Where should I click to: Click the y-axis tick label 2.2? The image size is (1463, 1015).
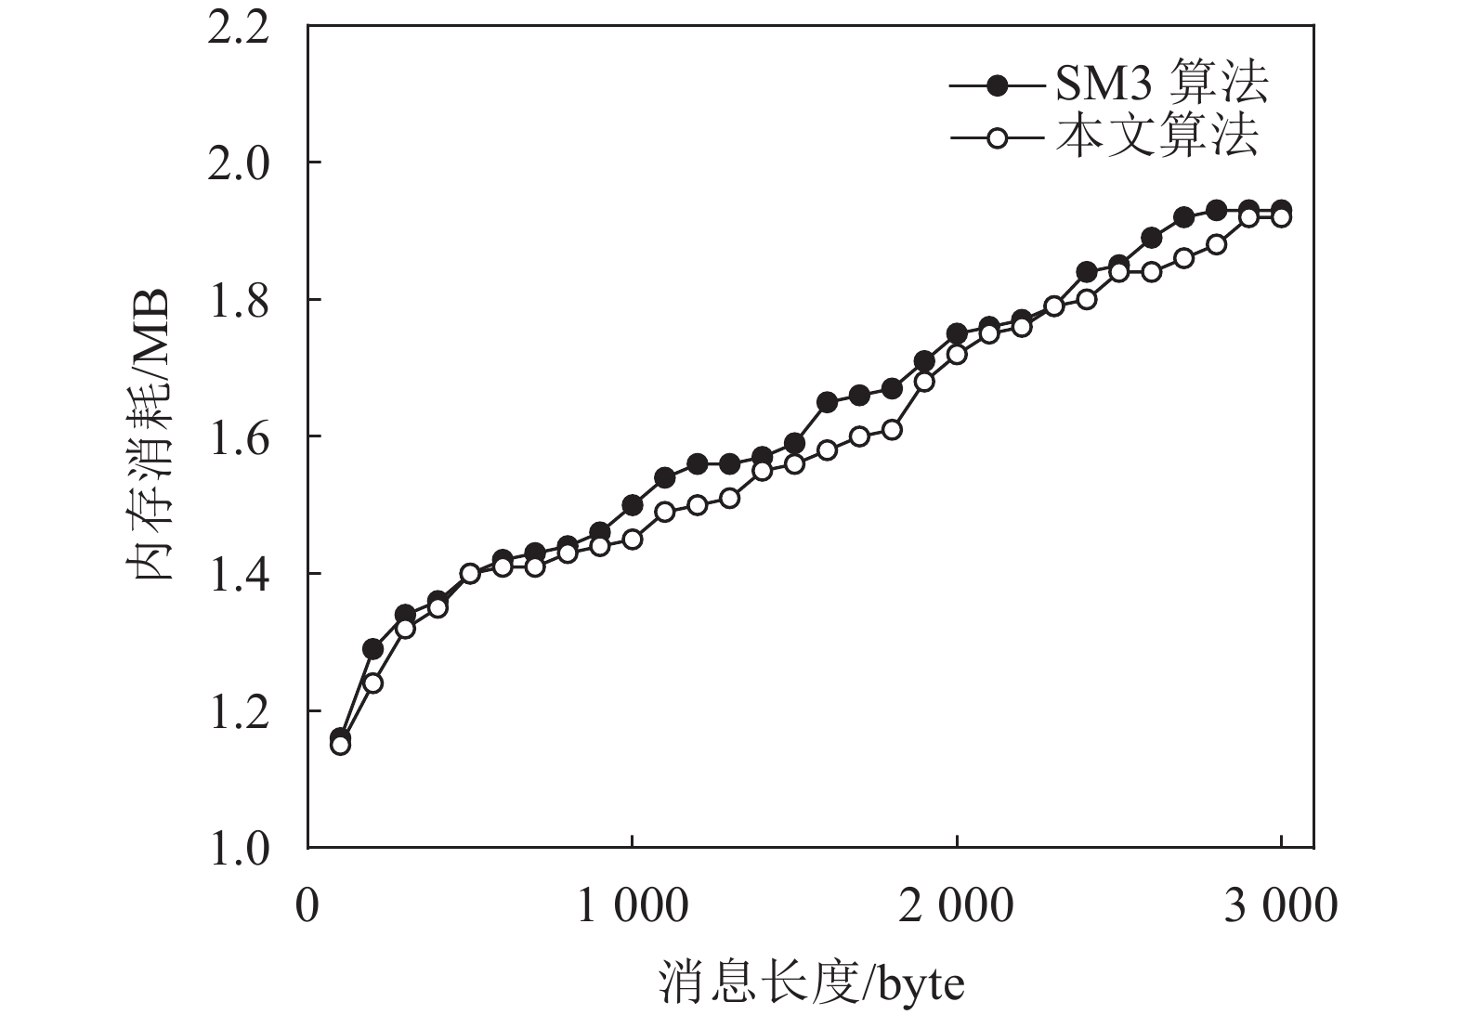point(239,27)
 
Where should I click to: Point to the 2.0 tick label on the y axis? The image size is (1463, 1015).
point(239,163)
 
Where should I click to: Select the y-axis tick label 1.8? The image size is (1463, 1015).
point(239,300)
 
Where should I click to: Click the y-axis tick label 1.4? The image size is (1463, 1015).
point(239,574)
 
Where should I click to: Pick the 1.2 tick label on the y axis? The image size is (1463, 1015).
point(239,711)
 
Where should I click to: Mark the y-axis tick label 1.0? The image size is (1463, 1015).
point(239,848)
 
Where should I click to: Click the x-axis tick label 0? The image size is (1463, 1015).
point(307,906)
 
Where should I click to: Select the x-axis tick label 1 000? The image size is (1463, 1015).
point(633,906)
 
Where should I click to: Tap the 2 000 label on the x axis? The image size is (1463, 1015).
point(957,906)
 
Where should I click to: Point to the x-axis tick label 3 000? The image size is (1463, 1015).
point(1281,906)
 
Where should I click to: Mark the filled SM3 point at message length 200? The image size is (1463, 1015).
point(372,648)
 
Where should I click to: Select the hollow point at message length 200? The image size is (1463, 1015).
point(372,683)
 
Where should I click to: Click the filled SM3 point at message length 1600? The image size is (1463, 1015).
point(827,402)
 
